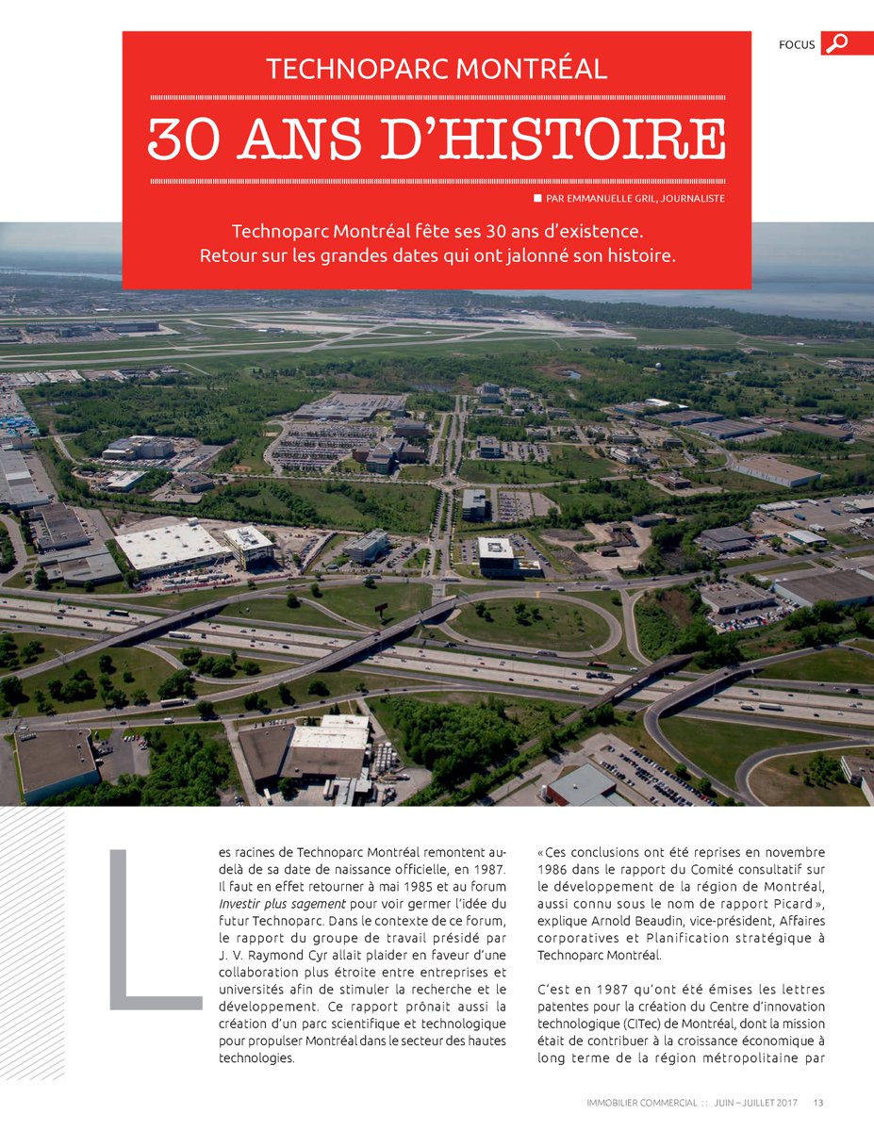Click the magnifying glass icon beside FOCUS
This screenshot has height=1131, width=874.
(x=836, y=43)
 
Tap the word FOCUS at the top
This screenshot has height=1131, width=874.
(x=797, y=44)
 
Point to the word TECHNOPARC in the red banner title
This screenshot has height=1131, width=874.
(x=355, y=69)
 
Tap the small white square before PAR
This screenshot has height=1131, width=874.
(x=537, y=198)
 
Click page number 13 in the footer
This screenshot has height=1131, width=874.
(x=818, y=1103)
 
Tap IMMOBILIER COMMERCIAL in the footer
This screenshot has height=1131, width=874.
(x=641, y=1103)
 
